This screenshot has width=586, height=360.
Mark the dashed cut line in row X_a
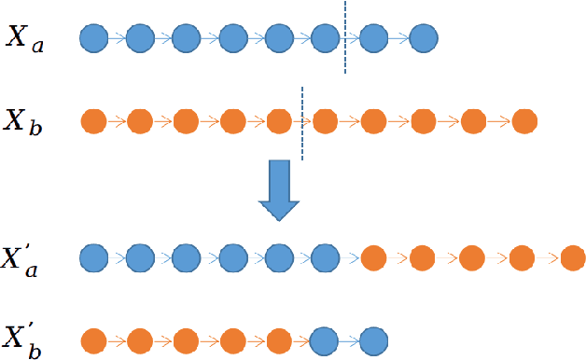(345, 37)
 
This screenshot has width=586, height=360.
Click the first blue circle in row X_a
(93, 39)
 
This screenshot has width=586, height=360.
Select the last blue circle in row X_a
(424, 39)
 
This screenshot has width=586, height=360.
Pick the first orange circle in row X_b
(93, 121)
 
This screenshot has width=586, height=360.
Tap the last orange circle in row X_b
(524, 121)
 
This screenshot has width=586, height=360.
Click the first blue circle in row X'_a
(93, 256)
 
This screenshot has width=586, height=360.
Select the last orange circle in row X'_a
(572, 256)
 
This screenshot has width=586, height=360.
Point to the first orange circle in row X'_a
(373, 256)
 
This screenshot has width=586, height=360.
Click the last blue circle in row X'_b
(373, 339)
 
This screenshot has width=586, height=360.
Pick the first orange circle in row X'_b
(93, 339)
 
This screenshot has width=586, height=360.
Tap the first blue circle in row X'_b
(325, 339)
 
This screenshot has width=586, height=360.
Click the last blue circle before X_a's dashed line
(325, 39)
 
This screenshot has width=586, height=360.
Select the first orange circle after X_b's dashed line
(325, 121)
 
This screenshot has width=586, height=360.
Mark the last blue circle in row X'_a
(325, 256)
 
